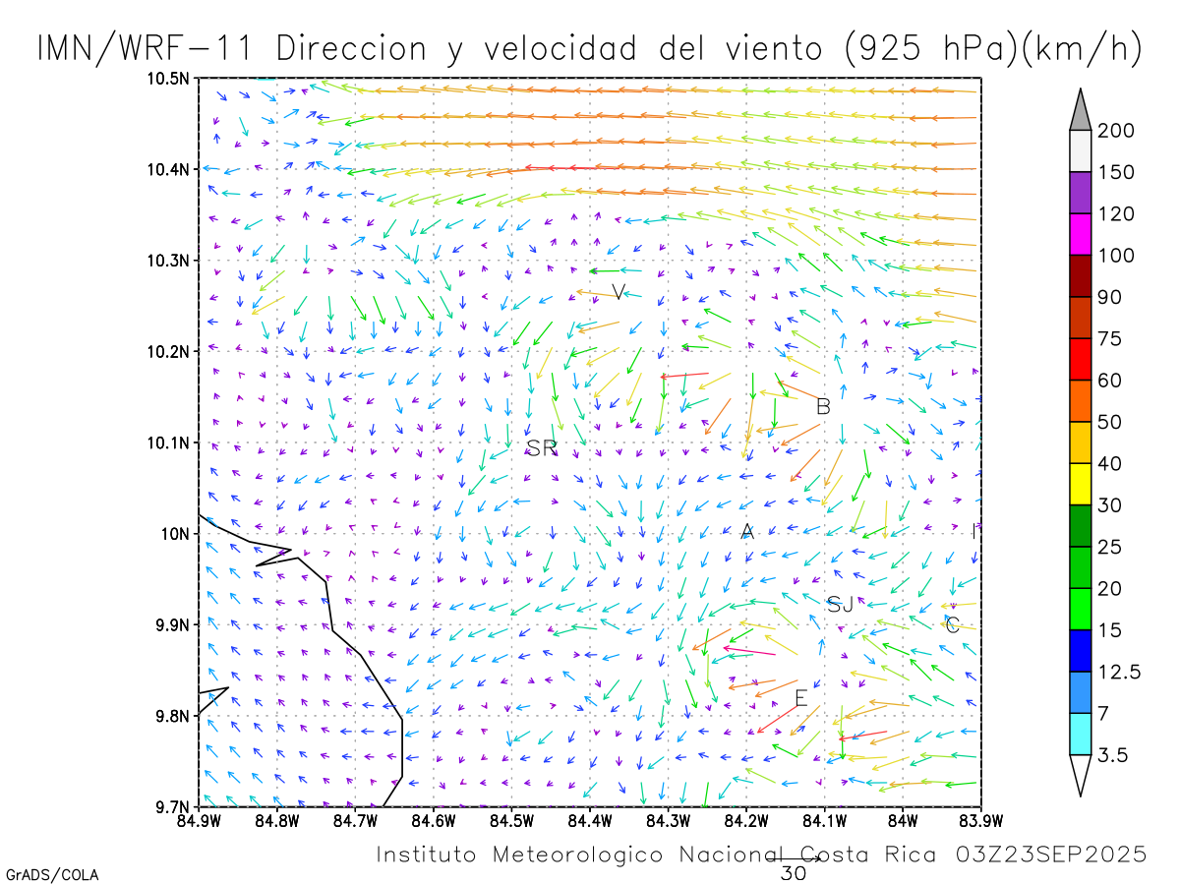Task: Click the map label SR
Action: (x=541, y=448)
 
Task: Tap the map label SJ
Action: (x=840, y=605)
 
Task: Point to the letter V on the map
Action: (x=619, y=292)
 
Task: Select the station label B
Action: (x=824, y=406)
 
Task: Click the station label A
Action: (x=747, y=532)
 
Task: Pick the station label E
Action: (x=801, y=698)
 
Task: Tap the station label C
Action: (x=952, y=624)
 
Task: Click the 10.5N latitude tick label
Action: (x=168, y=79)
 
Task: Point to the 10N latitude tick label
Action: (x=174, y=534)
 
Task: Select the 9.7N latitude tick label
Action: (x=171, y=807)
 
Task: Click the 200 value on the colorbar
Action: (x=1116, y=131)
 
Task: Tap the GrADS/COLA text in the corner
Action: (x=52, y=874)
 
